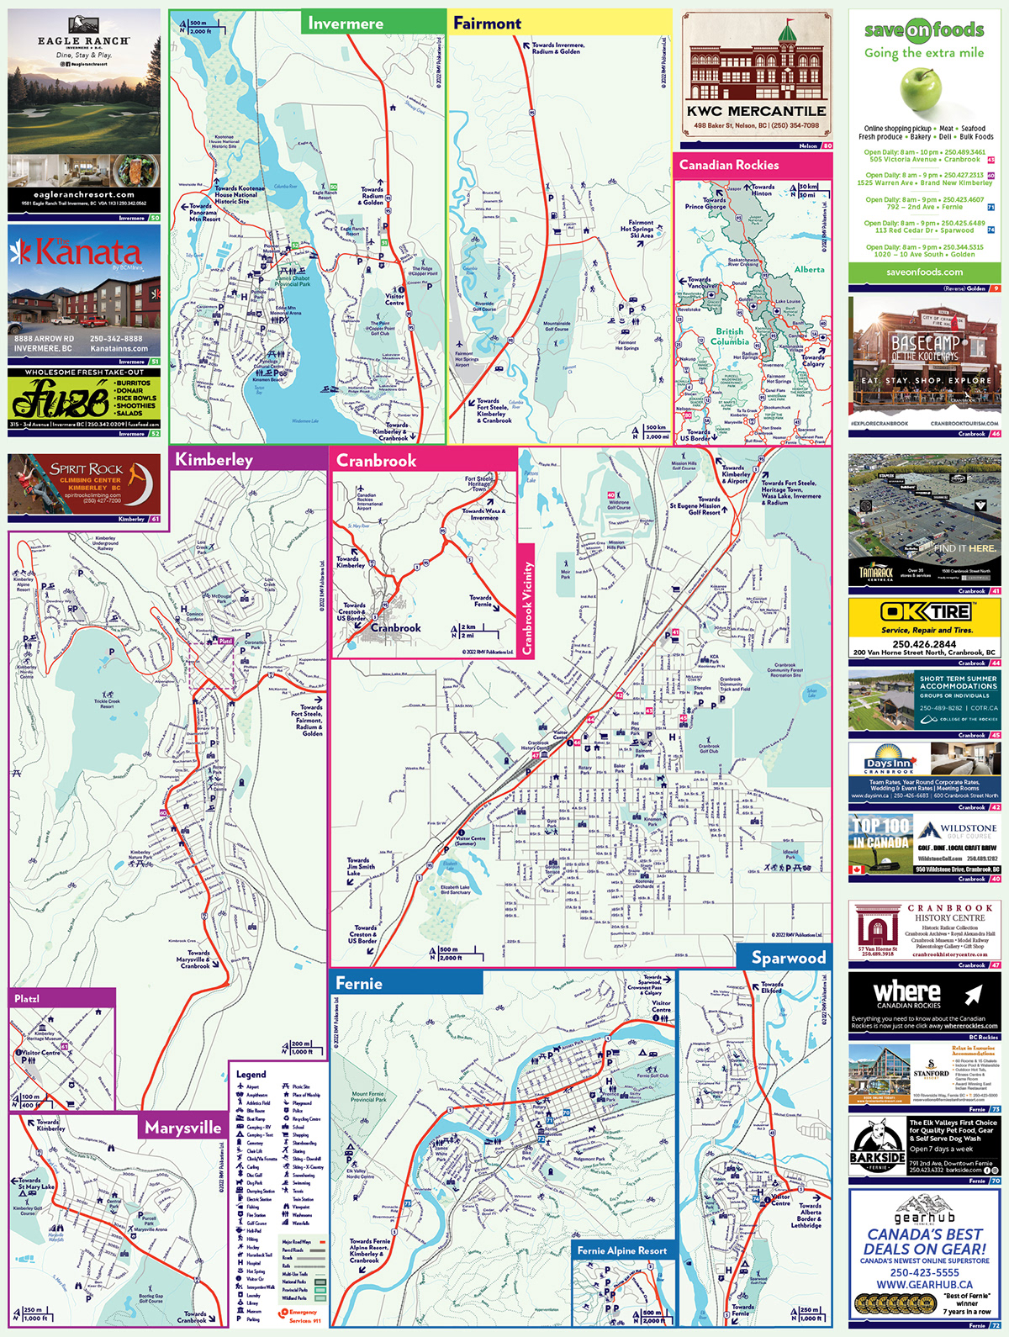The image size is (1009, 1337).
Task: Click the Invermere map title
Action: pyautogui.click(x=346, y=24)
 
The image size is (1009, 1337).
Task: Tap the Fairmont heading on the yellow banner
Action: pyautogui.click(x=487, y=24)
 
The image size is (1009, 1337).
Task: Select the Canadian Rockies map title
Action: pyautogui.click(x=729, y=165)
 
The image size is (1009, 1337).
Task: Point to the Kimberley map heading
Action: pyautogui.click(x=214, y=460)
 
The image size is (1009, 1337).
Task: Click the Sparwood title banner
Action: pyautogui.click(x=788, y=958)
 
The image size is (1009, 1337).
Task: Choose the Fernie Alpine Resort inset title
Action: pyautogui.click(x=621, y=1250)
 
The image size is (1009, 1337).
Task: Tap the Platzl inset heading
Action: pyautogui.click(x=27, y=998)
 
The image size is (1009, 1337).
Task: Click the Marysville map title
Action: pyautogui.click(x=182, y=1128)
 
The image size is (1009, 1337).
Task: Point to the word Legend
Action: pyautogui.click(x=251, y=1074)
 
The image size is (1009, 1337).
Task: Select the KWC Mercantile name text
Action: pyautogui.click(x=756, y=111)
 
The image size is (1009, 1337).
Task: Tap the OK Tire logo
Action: pyautogui.click(x=924, y=611)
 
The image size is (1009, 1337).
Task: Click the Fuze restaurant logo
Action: pyautogui.click(x=59, y=398)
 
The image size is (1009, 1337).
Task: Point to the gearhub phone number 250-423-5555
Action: pyautogui.click(x=924, y=1273)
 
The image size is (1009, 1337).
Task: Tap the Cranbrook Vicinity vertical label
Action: pyautogui.click(x=527, y=598)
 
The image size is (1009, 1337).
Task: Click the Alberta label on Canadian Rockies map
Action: pyautogui.click(x=809, y=270)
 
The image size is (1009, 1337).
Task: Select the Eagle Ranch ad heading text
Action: pyautogui.click(x=83, y=40)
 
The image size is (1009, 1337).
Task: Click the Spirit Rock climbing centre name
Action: pyautogui.click(x=87, y=469)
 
